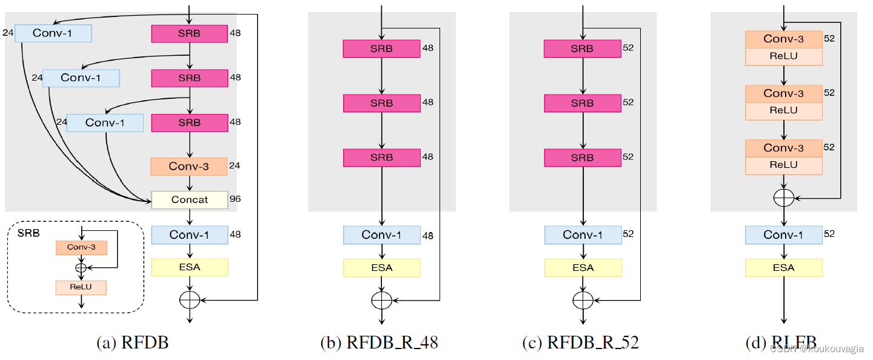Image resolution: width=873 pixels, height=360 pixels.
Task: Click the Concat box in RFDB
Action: coord(189,199)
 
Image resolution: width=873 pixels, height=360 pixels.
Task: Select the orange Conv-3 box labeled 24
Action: coord(189,166)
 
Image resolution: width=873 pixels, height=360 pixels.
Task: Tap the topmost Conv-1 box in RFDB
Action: coord(53,33)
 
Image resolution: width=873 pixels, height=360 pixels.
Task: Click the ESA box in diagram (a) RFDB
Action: coord(189,267)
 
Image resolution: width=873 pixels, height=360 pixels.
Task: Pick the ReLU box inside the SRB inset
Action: coord(81,287)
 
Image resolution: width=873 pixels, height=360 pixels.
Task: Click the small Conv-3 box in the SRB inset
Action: coord(81,247)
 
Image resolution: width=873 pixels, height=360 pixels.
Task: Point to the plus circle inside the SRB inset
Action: coord(81,267)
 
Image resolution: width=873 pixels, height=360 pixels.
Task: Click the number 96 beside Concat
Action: coord(235,199)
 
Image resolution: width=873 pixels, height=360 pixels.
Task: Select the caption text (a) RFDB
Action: coord(133,343)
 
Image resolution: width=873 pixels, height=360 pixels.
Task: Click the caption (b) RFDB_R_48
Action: coord(379,343)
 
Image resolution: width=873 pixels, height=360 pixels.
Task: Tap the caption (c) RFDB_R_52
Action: coord(580,343)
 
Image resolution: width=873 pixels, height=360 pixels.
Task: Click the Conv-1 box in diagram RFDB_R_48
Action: coord(382,235)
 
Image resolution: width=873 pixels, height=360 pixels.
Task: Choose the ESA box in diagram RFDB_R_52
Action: coord(583,267)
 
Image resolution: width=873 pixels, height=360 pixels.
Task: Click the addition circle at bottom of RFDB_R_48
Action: coord(382,300)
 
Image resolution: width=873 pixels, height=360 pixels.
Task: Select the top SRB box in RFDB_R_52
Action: coord(583,48)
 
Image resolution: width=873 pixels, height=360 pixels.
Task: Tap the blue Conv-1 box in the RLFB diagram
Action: coord(783,235)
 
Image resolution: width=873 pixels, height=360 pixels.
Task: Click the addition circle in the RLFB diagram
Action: coord(784,197)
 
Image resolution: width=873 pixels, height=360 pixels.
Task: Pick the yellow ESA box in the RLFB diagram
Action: coord(783,267)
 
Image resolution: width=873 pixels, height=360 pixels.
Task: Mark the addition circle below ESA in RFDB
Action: coord(190,299)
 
